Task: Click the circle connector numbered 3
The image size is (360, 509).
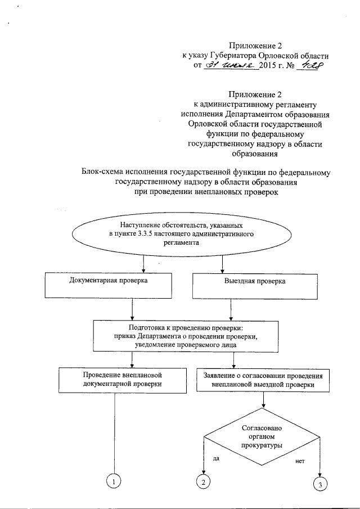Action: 320,485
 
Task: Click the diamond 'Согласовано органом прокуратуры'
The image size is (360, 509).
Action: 262,436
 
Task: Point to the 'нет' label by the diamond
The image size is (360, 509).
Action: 299,461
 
